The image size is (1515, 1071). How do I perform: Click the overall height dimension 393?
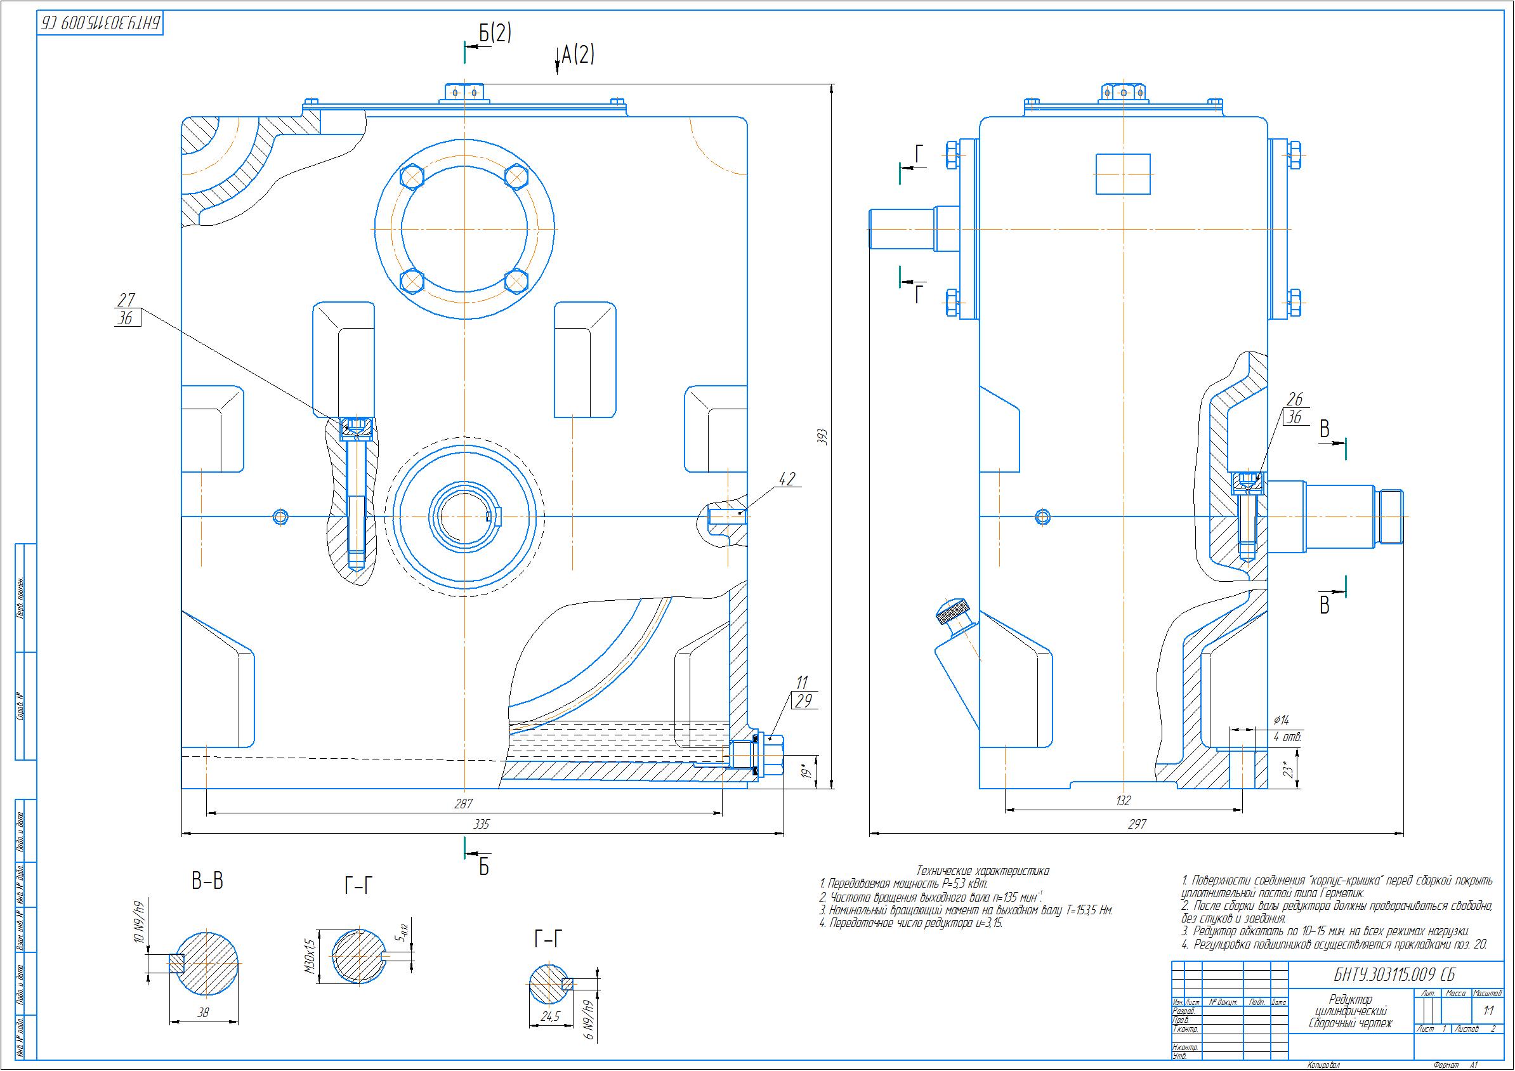(822, 438)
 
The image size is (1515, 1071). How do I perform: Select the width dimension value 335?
(482, 824)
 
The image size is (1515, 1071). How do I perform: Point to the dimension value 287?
(464, 804)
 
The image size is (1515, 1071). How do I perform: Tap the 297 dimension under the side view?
(1137, 824)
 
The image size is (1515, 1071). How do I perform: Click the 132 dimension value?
(1123, 801)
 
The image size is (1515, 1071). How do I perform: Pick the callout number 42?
(787, 478)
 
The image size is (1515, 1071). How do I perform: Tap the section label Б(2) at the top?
(495, 34)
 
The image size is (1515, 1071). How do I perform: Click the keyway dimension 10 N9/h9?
(138, 923)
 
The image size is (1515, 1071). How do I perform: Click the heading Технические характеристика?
(983, 871)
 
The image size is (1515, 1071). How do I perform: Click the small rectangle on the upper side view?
(1123, 174)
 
